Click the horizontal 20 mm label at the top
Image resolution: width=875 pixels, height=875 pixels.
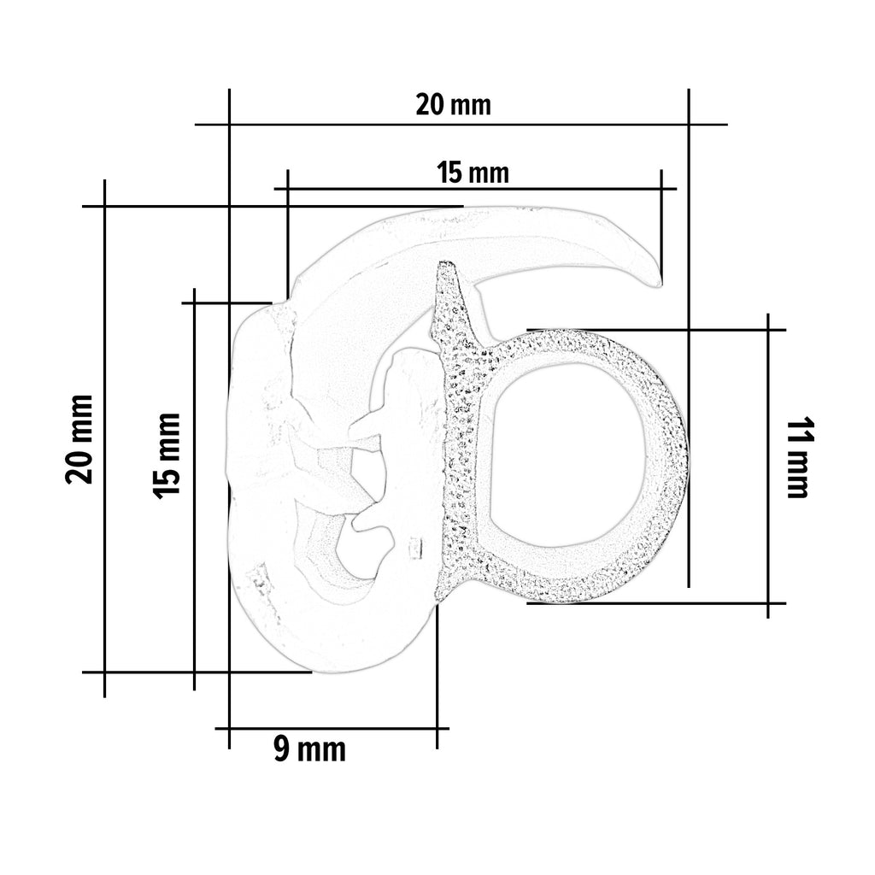tap(453, 105)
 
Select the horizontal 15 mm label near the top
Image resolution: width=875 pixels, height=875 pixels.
tap(473, 172)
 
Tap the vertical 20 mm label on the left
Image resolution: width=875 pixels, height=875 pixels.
tap(79, 438)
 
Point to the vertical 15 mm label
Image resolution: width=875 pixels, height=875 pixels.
tap(167, 455)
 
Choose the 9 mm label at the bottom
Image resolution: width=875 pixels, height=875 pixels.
tap(309, 749)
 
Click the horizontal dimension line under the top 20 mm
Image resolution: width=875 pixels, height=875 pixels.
tap(461, 124)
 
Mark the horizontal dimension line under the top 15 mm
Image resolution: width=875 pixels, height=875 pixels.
tap(475, 189)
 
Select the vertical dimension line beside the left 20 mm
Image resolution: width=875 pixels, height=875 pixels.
tap(104, 438)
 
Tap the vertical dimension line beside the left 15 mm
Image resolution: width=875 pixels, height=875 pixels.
tap(194, 489)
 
